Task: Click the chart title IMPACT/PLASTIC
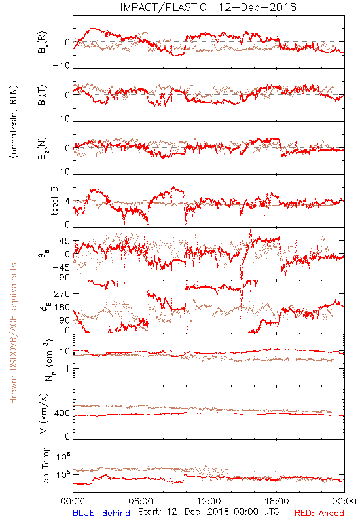[163, 7]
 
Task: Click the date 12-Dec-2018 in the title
[257, 7]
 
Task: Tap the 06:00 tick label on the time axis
[141, 501]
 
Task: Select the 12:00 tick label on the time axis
[209, 501]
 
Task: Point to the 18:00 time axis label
[277, 501]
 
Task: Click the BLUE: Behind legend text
[101, 513]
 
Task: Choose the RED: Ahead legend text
[319, 513]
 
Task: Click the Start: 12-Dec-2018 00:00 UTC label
[208, 512]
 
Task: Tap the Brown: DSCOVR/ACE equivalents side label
[13, 333]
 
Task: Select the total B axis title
[54, 201]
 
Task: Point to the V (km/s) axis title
[44, 413]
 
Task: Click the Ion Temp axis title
[45, 466]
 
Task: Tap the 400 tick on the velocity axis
[62, 413]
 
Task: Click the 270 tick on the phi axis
[62, 293]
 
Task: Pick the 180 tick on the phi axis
[62, 307]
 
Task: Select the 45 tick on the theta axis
[65, 241]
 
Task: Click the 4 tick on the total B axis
[67, 202]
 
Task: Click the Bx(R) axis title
[43, 42]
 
